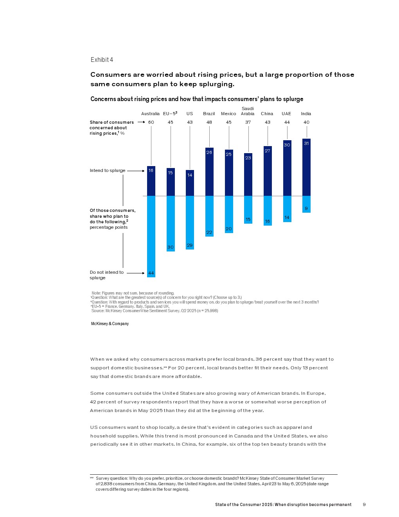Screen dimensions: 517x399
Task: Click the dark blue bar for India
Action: (x=306, y=167)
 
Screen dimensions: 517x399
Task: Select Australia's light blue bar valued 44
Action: (x=151, y=236)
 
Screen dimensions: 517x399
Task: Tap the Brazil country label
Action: (x=209, y=114)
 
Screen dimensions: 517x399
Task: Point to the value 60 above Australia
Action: (x=151, y=122)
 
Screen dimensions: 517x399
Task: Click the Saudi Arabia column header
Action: (x=248, y=111)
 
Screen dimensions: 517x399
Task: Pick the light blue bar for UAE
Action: (x=287, y=209)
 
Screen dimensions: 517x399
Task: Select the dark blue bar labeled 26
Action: (x=209, y=172)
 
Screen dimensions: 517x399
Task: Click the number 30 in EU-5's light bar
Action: (x=171, y=247)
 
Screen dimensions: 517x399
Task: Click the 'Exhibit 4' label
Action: (x=102, y=60)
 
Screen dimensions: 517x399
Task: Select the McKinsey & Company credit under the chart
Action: (x=110, y=324)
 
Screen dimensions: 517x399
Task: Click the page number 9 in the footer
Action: (x=364, y=504)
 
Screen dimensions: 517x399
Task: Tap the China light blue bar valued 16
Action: (x=268, y=211)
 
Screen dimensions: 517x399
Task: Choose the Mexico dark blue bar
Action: (x=229, y=173)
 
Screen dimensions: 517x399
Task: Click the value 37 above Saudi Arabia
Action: (x=248, y=122)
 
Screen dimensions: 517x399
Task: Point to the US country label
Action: (x=190, y=114)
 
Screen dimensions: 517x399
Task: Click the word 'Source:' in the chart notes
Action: (x=98, y=311)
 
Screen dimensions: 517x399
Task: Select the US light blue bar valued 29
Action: (x=190, y=222)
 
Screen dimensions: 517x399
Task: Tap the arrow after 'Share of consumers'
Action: (x=141, y=122)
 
